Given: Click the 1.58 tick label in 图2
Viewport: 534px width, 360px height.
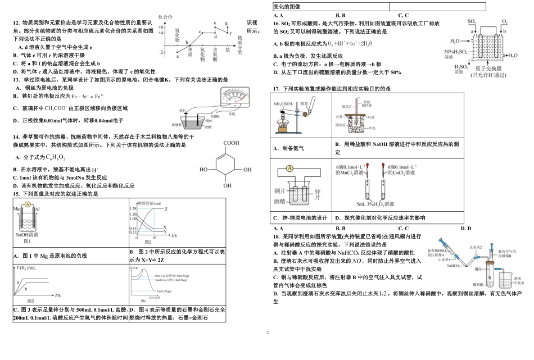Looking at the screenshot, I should (133, 208).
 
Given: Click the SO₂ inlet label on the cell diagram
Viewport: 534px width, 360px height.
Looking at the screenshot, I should (472, 21).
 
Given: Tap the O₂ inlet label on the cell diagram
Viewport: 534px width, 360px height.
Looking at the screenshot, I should (504, 21).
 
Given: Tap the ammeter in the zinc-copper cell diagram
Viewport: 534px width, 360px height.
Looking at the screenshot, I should (288, 167).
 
